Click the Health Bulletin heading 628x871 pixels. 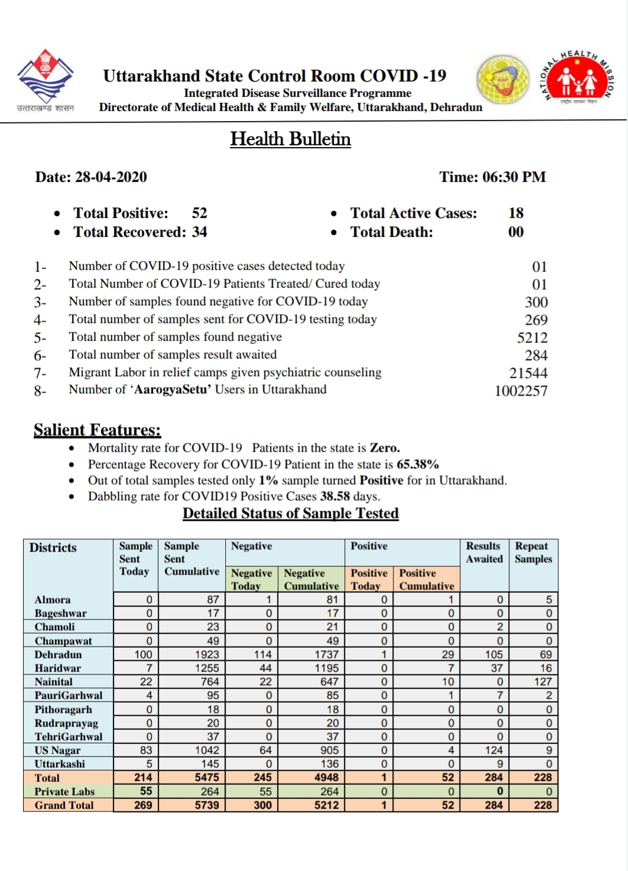[x=290, y=139]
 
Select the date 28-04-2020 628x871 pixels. [x=110, y=177]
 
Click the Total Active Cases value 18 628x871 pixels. [x=516, y=213]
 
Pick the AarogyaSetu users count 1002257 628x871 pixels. [x=520, y=391]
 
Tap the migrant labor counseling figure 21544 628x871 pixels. [x=528, y=373]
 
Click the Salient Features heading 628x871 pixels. [x=97, y=430]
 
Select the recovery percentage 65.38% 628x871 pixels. [x=417, y=464]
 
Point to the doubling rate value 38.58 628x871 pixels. [x=335, y=496]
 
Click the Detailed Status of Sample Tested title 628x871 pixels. [x=290, y=513]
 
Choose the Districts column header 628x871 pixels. [x=53, y=547]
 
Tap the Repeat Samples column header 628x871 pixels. [x=533, y=553]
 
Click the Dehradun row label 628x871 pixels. [x=58, y=654]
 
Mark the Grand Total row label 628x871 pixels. [x=64, y=805]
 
